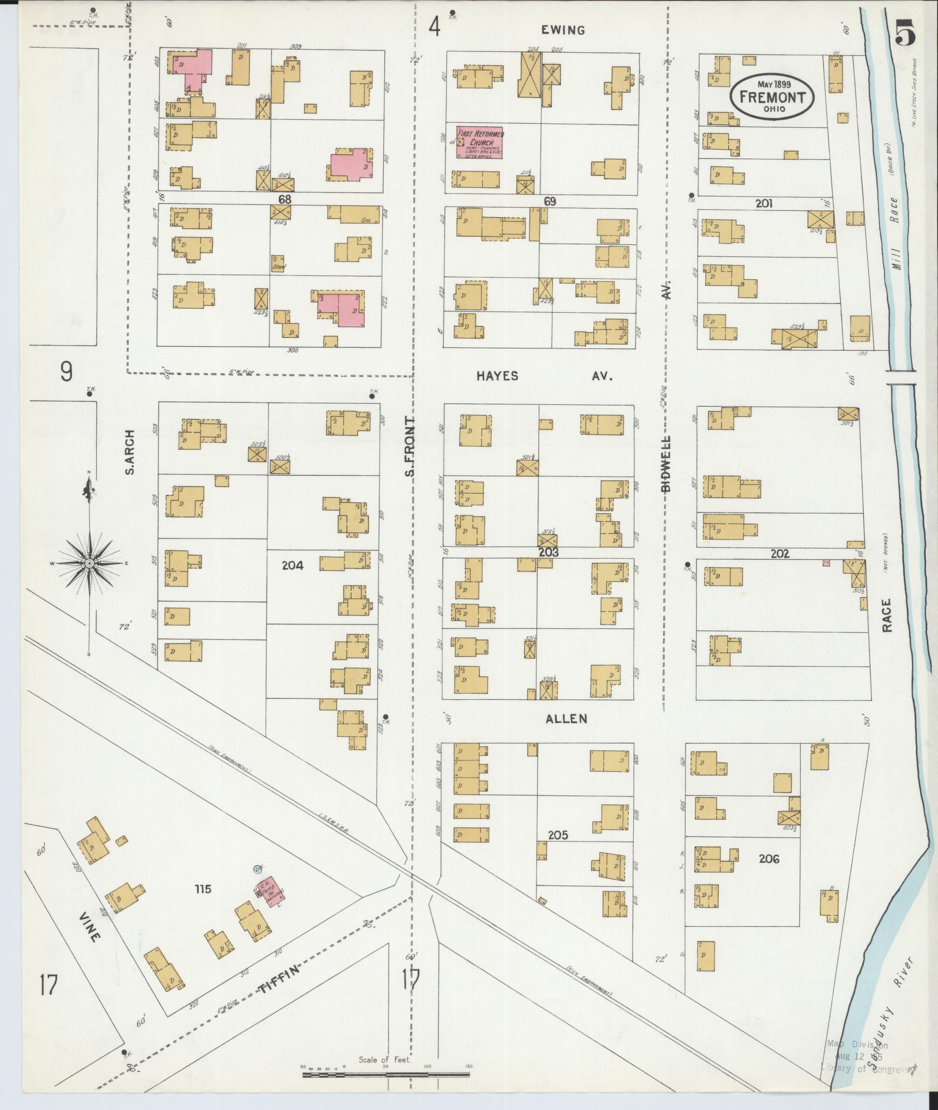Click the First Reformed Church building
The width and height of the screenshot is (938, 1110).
pos(479,142)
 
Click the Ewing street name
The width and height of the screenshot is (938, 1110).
pos(563,31)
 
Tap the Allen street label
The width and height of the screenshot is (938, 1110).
pos(567,718)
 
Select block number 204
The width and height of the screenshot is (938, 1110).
pos(293,566)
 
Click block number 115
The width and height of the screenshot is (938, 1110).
pos(203,889)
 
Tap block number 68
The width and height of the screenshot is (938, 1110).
pos(283,199)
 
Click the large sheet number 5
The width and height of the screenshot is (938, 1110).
pos(905,33)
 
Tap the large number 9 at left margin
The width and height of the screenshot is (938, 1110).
pos(67,372)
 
